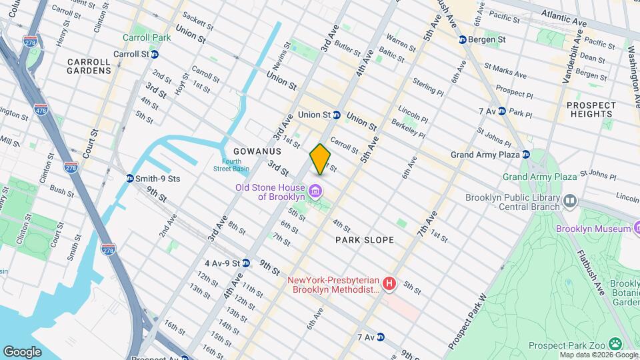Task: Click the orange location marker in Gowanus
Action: pyautogui.click(x=320, y=159)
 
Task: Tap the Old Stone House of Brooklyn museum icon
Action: pyautogui.click(x=316, y=193)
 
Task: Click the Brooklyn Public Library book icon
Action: pyautogui.click(x=569, y=201)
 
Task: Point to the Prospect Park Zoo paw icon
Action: pyautogui.click(x=615, y=344)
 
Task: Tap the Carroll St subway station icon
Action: pyautogui.click(x=154, y=54)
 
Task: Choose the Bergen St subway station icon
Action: pyautogui.click(x=463, y=40)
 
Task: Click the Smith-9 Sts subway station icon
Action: pyautogui.click(x=130, y=178)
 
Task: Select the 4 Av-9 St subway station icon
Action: pyautogui.click(x=246, y=263)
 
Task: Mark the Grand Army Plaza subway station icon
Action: pyautogui.click(x=525, y=155)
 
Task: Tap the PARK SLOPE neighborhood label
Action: pyautogui.click(x=365, y=239)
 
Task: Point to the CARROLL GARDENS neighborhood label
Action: pyautogui.click(x=89, y=65)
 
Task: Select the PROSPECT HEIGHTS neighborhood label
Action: pyautogui.click(x=591, y=110)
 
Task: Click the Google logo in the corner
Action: pyautogui.click(x=22, y=351)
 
